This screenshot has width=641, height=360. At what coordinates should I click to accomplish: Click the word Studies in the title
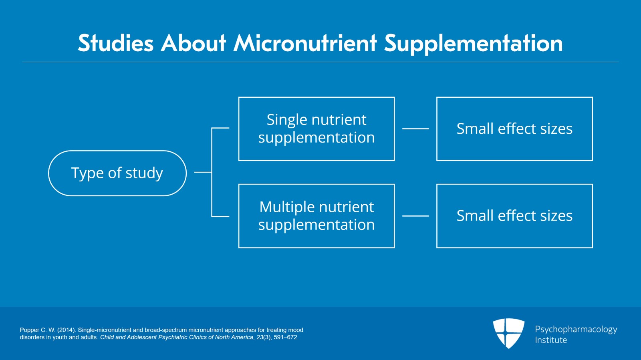(115, 43)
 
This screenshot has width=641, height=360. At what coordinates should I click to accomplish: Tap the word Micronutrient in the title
(305, 43)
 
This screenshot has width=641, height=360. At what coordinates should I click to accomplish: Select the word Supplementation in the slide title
(474, 43)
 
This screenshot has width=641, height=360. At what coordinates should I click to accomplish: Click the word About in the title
(194, 43)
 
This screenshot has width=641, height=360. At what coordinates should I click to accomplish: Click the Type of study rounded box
(117, 173)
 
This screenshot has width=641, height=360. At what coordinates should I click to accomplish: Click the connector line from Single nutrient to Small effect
(415, 129)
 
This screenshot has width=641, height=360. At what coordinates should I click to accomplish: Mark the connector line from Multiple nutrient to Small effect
(415, 216)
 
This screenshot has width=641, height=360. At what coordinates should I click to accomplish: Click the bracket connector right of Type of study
(212, 173)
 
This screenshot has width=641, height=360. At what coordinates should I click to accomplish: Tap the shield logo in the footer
(508, 333)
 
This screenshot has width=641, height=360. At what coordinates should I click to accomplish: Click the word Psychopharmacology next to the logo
(576, 329)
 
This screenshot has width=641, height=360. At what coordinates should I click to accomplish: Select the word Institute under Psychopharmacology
(551, 340)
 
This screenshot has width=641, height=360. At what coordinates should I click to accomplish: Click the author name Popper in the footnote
(29, 330)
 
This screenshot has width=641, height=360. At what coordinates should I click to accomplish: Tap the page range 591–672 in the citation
(285, 337)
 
